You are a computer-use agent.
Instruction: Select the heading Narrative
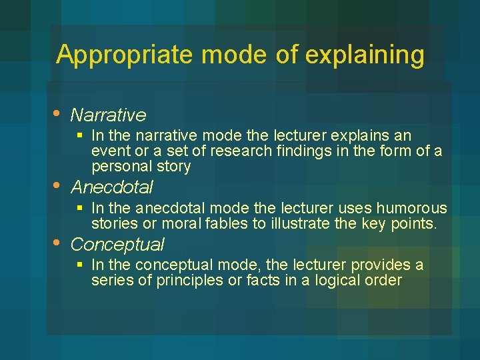tap(108, 115)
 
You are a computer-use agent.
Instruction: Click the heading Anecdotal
tap(112, 187)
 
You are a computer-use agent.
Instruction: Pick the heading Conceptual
tap(117, 245)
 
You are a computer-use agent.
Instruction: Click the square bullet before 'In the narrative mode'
tap(80, 136)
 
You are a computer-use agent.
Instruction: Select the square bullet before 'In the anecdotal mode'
tap(80, 208)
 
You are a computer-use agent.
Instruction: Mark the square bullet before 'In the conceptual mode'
tap(80, 265)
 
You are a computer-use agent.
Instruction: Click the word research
tap(245, 151)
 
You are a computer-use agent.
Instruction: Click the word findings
tap(307, 151)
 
